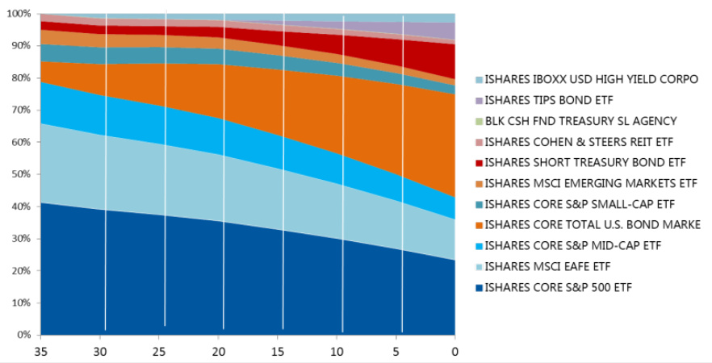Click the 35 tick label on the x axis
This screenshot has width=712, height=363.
[41, 351]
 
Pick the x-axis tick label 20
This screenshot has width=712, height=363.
[218, 351]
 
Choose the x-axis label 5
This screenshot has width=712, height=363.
[396, 351]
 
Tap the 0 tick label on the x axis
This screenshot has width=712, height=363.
[454, 351]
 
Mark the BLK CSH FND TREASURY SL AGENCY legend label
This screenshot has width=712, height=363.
[580, 121]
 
